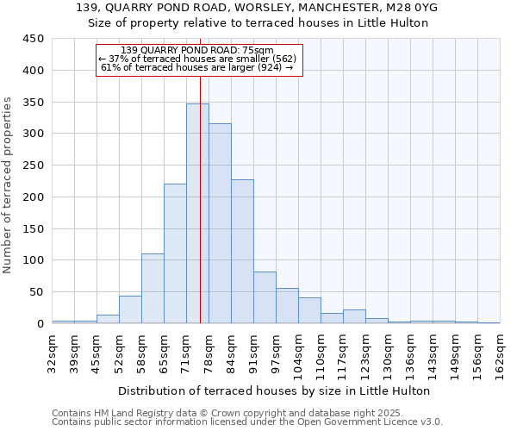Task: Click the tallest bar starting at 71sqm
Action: pyautogui.click(x=197, y=214)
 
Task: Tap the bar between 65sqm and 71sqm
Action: pyautogui.click(x=175, y=253)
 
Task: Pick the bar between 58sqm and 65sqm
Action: pyautogui.click(x=153, y=288)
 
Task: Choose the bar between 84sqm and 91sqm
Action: pyautogui.click(x=242, y=251)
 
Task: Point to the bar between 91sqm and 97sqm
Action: pyautogui.click(x=265, y=297)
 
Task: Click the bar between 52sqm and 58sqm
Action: pyautogui.click(x=130, y=309)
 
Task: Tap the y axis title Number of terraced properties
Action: pyautogui.click(x=9, y=184)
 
